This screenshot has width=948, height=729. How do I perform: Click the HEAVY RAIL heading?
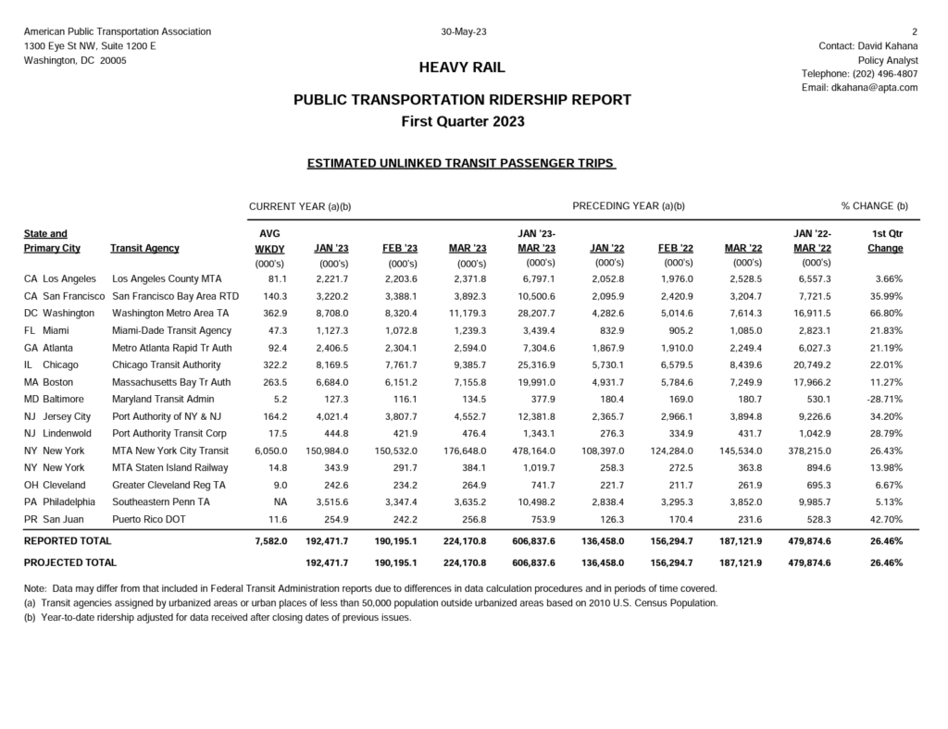pyautogui.click(x=462, y=68)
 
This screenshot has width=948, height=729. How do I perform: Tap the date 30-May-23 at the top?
pyautogui.click(x=464, y=31)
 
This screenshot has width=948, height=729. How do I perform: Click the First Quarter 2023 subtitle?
pyautogui.click(x=462, y=121)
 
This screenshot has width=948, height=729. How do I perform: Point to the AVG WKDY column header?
pyautogui.click(x=269, y=241)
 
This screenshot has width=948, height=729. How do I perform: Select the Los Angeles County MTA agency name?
pyautogui.click(x=167, y=278)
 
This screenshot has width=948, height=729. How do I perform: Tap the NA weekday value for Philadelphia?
pyautogui.click(x=281, y=502)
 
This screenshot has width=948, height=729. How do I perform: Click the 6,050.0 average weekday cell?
pyautogui.click(x=269, y=451)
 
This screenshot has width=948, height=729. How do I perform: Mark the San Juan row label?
pyautogui.click(x=57, y=520)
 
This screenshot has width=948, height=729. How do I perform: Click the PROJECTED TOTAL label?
pyautogui.click(x=70, y=562)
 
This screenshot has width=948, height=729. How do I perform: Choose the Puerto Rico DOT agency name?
pyautogui.click(x=148, y=520)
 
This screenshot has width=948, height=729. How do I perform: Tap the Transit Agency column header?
pyautogui.click(x=144, y=249)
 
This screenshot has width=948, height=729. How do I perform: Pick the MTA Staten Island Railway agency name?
pyautogui.click(x=169, y=468)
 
